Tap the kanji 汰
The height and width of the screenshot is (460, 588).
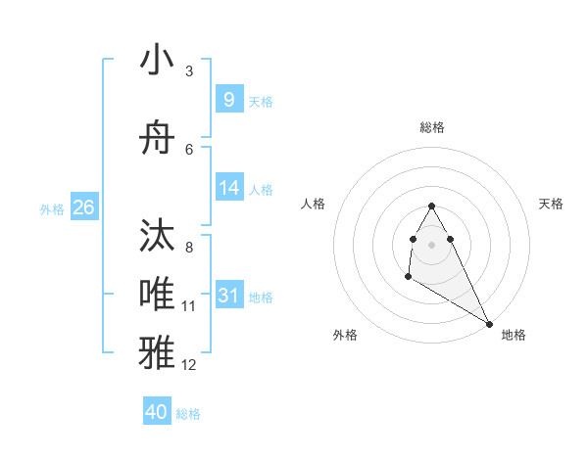(x=158, y=236)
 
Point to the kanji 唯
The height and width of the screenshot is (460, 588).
(x=158, y=293)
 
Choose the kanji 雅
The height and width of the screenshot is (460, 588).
(x=158, y=351)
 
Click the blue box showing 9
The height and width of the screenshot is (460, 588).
(x=228, y=99)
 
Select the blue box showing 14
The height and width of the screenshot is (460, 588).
(x=228, y=188)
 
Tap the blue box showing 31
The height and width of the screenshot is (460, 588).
(x=228, y=296)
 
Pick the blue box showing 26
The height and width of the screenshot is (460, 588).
(x=83, y=207)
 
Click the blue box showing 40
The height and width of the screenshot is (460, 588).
(x=157, y=412)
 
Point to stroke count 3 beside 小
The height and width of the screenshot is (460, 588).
(x=189, y=71)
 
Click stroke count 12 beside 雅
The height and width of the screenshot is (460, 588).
(x=189, y=365)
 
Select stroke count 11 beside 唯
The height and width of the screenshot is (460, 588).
(x=189, y=306)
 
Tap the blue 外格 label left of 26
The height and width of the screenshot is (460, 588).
(x=52, y=208)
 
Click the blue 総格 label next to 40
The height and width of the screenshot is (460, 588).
(x=188, y=414)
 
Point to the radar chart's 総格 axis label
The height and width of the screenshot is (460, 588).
(x=432, y=127)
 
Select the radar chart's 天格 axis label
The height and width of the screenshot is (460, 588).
(x=552, y=204)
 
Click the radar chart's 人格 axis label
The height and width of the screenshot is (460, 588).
(x=313, y=204)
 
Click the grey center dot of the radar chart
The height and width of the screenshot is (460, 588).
(x=432, y=244)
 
